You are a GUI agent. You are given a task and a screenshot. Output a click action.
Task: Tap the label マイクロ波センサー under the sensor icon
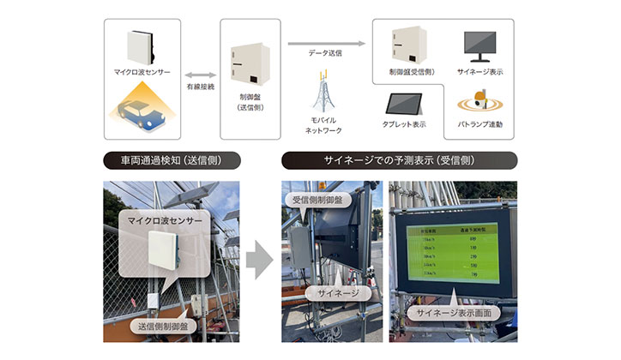point(142,72)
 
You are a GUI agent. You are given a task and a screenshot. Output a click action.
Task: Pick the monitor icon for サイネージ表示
point(479,43)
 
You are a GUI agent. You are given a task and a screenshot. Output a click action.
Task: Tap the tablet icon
point(405,104)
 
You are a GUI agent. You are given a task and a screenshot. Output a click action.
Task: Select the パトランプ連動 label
point(479,125)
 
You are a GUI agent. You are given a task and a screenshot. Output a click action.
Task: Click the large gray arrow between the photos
point(260,258)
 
